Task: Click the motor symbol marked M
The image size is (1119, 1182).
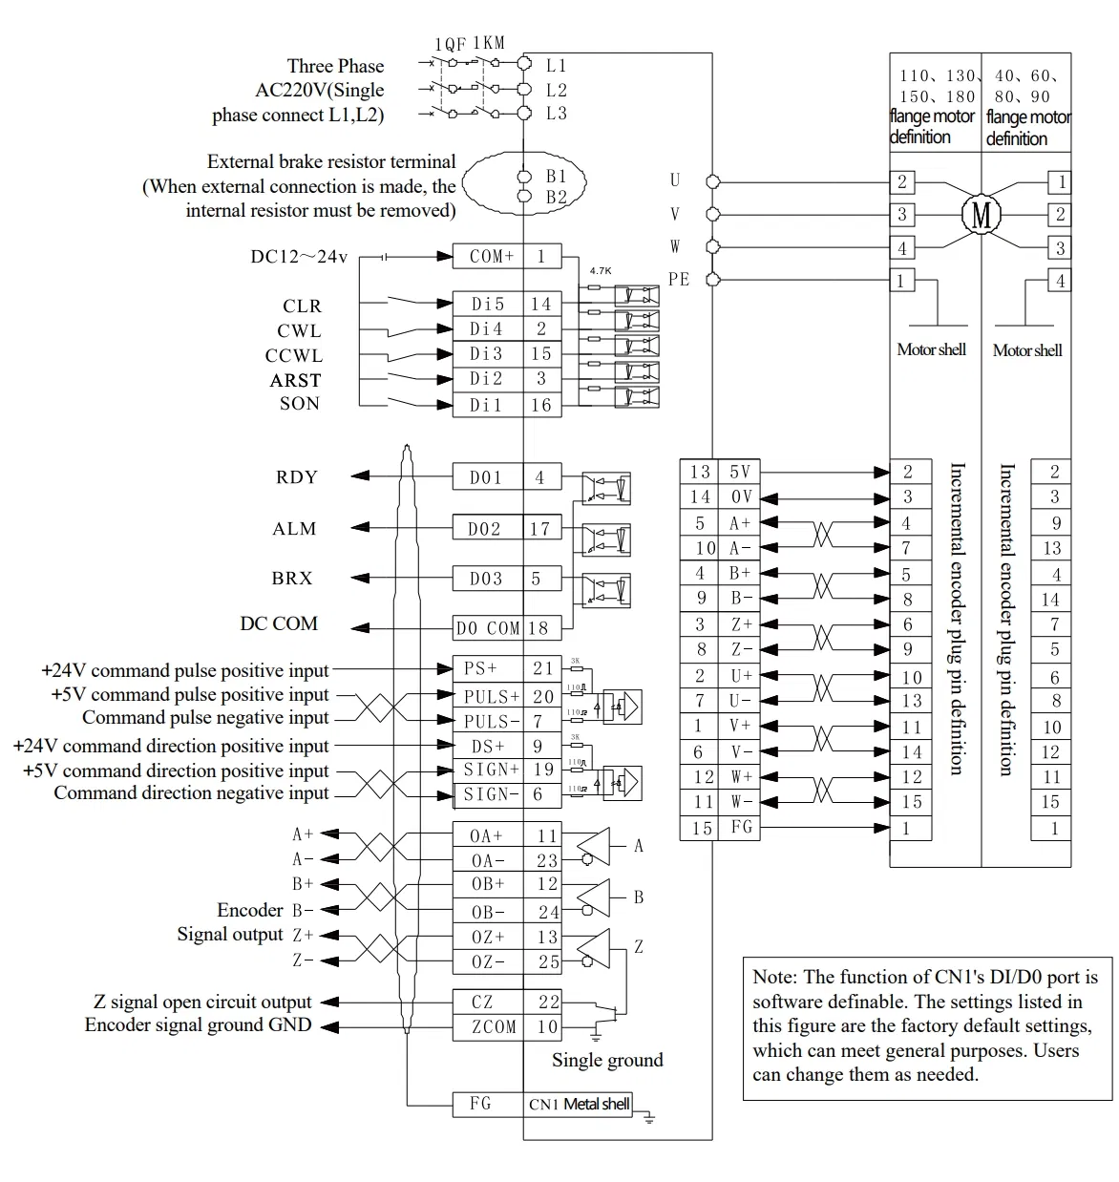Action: [x=981, y=214]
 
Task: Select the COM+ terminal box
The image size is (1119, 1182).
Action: [x=488, y=256]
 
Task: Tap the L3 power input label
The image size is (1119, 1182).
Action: [x=556, y=114]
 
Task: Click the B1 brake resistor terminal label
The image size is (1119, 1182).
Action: [x=556, y=177]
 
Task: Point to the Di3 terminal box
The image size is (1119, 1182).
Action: [x=488, y=353]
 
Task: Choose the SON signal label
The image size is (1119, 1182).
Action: [x=299, y=403]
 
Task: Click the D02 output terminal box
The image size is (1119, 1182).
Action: [x=488, y=528]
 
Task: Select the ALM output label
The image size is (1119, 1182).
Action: [x=294, y=528]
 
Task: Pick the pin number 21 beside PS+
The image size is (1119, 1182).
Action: [x=542, y=669]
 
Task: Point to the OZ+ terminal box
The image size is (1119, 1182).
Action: [x=488, y=938]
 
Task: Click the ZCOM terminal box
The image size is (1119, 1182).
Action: [x=488, y=1027]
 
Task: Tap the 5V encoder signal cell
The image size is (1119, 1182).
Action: [x=739, y=472]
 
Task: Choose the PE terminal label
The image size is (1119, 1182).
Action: [x=678, y=279]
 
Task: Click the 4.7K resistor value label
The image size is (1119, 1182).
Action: [x=600, y=271]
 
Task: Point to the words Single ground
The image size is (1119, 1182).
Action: [x=606, y=1060]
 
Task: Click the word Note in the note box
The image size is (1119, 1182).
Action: [x=771, y=977]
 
